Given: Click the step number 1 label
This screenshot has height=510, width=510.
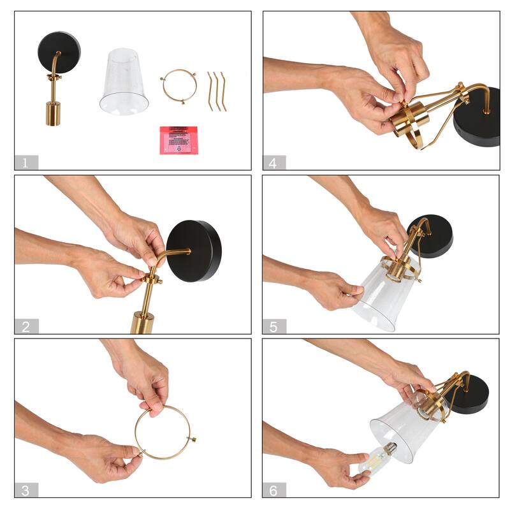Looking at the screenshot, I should [x=26, y=163].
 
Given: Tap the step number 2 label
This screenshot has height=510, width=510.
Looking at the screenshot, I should [x=26, y=327].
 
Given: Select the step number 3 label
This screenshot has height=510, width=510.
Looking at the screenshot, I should [x=26, y=490].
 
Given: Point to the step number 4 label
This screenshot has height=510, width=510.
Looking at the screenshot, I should [x=273, y=163].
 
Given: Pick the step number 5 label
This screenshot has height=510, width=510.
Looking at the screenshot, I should [x=273, y=327].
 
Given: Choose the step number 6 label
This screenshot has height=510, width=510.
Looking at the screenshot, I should [x=273, y=490].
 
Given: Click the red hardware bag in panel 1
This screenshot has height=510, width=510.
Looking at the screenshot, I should [x=178, y=140].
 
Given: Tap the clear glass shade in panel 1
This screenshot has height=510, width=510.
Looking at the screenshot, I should [x=124, y=82].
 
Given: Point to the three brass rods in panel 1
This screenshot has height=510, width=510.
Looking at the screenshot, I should [x=216, y=91].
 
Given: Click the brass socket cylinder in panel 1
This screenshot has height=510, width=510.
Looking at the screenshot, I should [x=53, y=112].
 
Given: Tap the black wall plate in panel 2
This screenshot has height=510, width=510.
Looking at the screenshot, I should [x=195, y=250].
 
